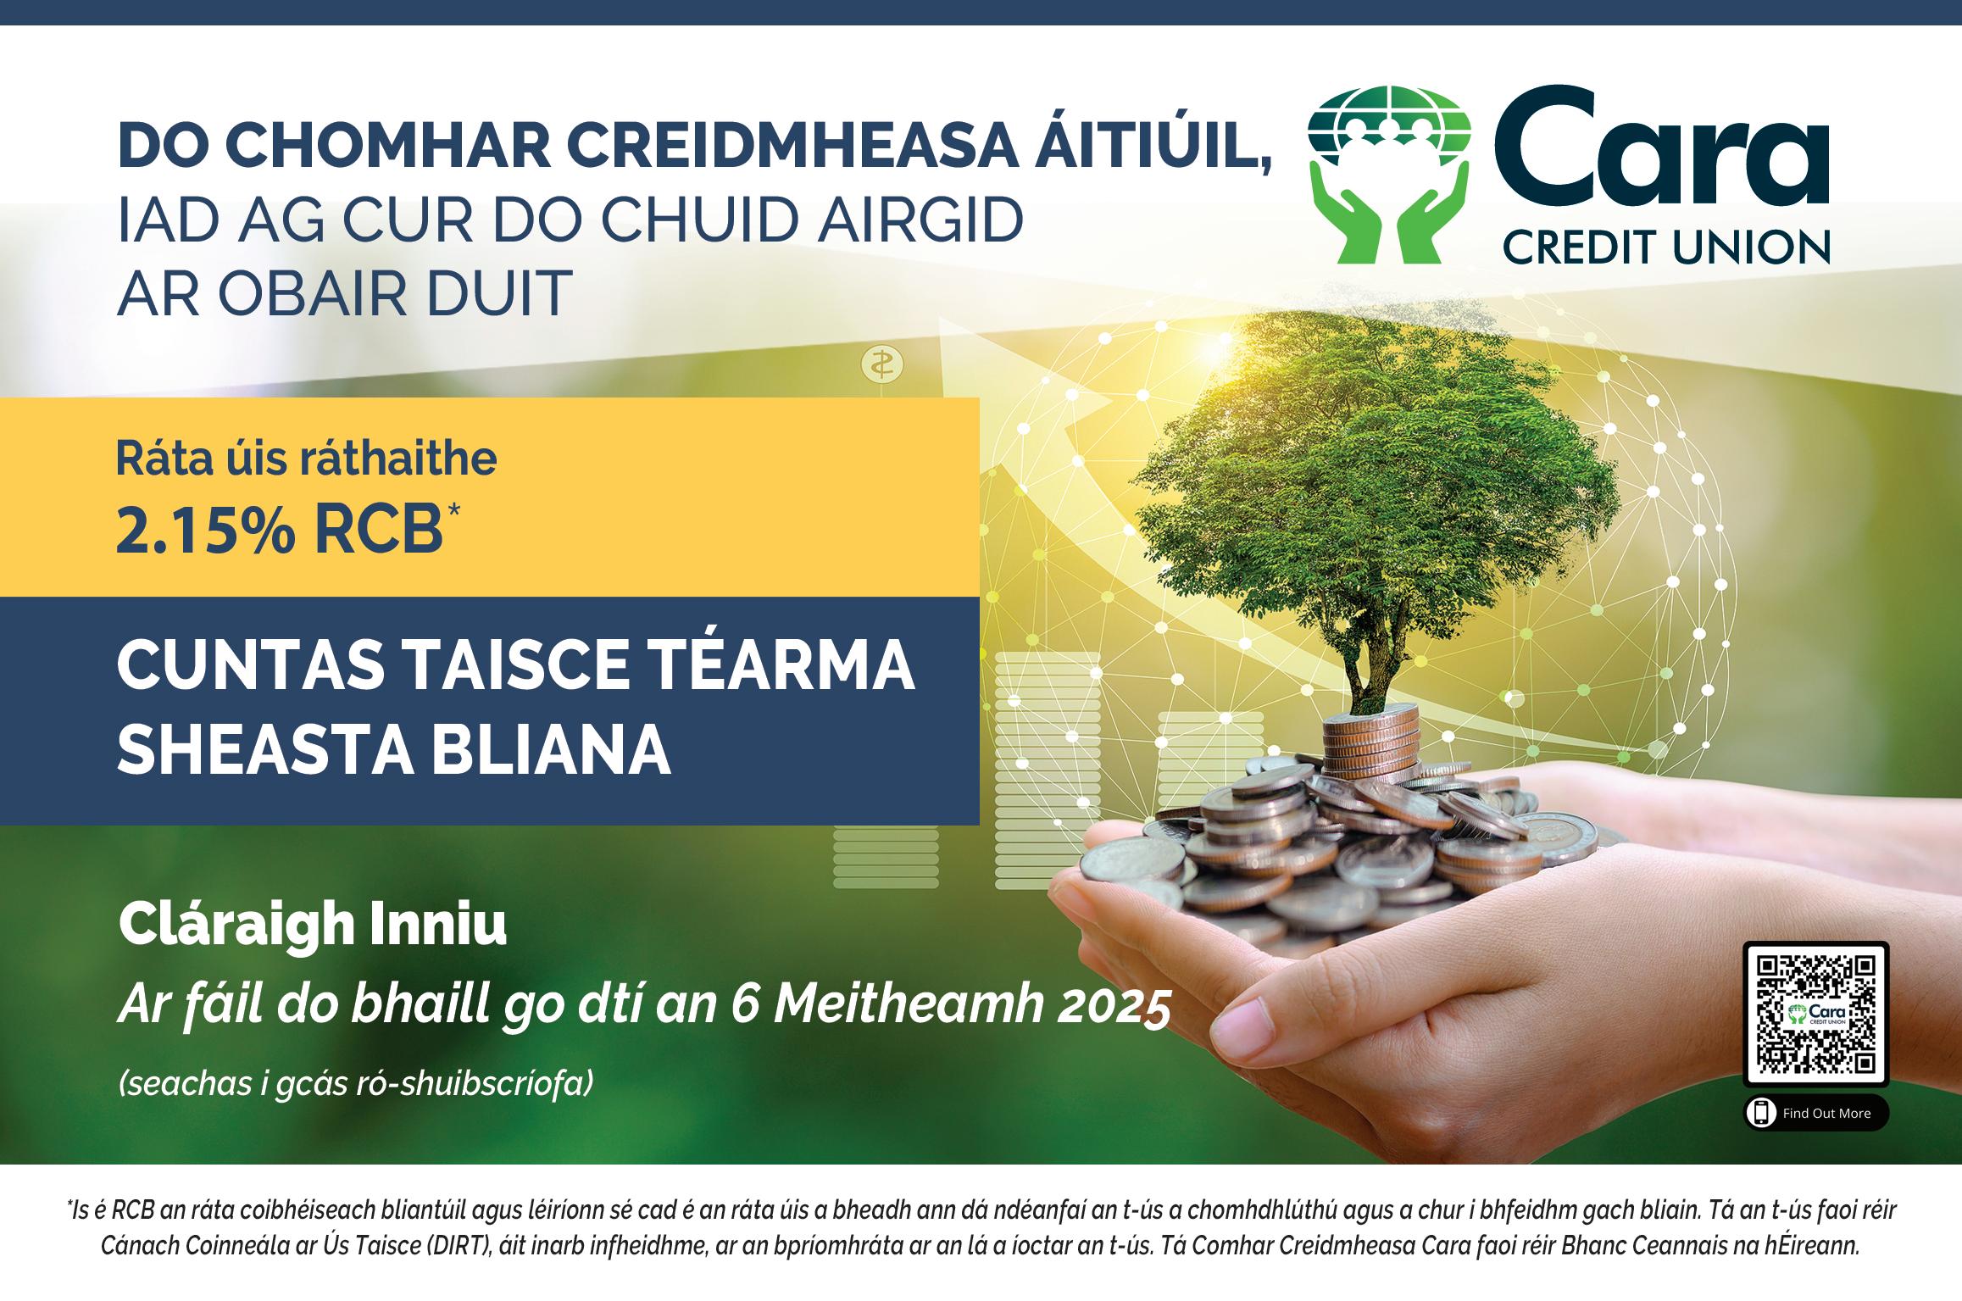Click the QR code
(x=1815, y=1012)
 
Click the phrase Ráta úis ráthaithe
(x=307, y=459)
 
